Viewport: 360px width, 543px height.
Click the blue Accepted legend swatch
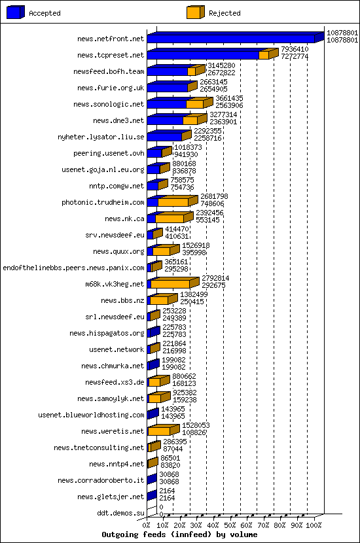pyautogui.click(x=16, y=12)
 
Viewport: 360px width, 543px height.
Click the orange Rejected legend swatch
pyautogui.click(x=194, y=12)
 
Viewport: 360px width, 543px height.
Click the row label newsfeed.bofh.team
pyautogui.click(x=108, y=71)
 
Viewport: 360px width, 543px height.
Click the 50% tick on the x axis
pyautogui.click(x=230, y=525)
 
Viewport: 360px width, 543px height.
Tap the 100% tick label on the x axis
pyautogui.click(x=314, y=525)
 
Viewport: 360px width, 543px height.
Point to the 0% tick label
pyautogui.click(x=147, y=525)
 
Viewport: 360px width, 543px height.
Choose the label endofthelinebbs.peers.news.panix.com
pyautogui.click(x=73, y=268)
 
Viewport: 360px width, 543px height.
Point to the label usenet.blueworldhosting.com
pyautogui.click(x=91, y=415)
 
